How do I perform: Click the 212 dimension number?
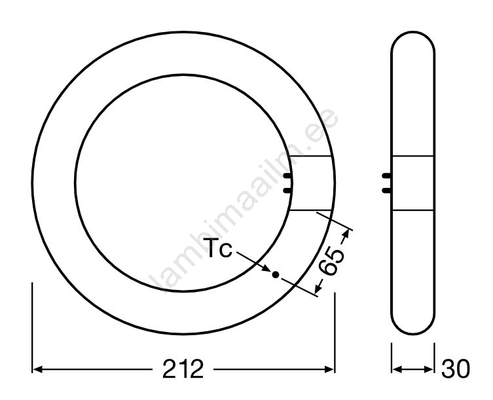click(183, 369)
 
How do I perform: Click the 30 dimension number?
click(456, 369)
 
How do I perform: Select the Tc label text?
click(220, 248)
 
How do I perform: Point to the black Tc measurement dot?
click(276, 275)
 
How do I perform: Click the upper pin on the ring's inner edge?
click(287, 176)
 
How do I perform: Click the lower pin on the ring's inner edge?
click(287, 191)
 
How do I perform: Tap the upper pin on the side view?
click(386, 176)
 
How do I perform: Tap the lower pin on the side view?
click(386, 191)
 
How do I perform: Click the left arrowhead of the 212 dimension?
click(37, 369)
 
